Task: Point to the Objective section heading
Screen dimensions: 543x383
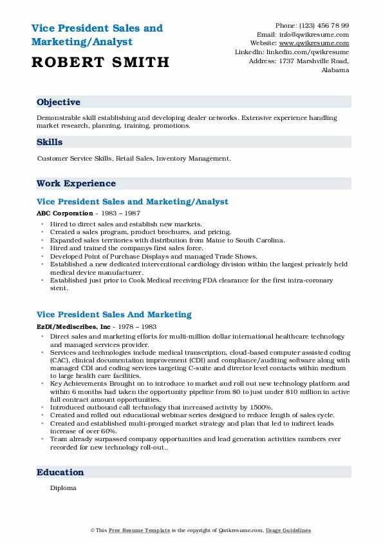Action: tap(59, 103)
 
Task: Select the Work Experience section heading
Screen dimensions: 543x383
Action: tap(76, 183)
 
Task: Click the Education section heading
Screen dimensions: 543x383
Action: tap(60, 473)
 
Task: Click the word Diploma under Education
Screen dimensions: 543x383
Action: tap(63, 488)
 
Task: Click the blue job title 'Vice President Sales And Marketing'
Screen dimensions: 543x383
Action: tap(114, 315)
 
